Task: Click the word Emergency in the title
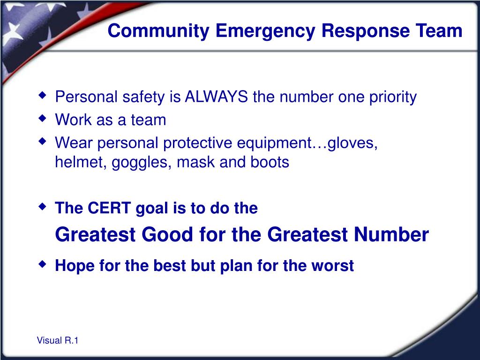click(x=265, y=31)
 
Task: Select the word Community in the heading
click(x=158, y=31)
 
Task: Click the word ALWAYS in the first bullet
click(x=217, y=97)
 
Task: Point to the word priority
click(x=393, y=97)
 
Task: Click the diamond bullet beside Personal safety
click(x=43, y=95)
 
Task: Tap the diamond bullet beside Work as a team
click(x=43, y=118)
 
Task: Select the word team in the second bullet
click(x=149, y=120)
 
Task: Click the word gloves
click(x=352, y=143)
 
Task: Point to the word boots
click(x=270, y=162)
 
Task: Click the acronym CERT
click(x=109, y=208)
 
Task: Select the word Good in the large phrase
click(x=167, y=234)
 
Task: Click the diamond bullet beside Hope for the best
click(x=43, y=263)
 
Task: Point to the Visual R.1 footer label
click(x=58, y=340)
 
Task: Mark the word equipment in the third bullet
click(x=274, y=143)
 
